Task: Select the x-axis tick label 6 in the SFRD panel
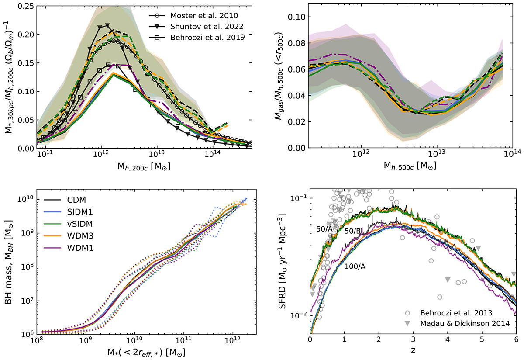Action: (x=516, y=339)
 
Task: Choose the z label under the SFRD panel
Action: (x=413, y=350)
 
